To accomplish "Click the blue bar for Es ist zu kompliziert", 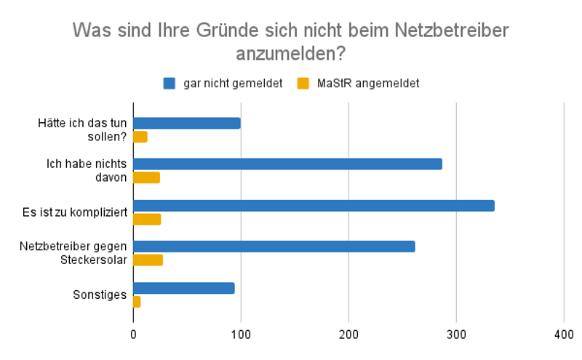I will pyautogui.click(x=314, y=206).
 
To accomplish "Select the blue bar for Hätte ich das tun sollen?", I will pyautogui.click(x=187, y=124).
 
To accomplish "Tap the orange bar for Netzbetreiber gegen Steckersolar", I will pyautogui.click(x=149, y=260).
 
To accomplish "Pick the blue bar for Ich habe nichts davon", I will pyautogui.click(x=287, y=164).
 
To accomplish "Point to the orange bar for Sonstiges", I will pyautogui.click(x=137, y=301).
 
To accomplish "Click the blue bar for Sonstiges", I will pyautogui.click(x=184, y=288).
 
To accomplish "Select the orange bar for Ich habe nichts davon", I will pyautogui.click(x=146, y=177).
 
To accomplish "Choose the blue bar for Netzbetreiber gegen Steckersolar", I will pyautogui.click(x=274, y=247).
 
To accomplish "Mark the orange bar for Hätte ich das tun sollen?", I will pyautogui.click(x=140, y=137).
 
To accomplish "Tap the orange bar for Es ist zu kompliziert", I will pyautogui.click(x=147, y=219).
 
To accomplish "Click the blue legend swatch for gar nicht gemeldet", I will pyautogui.click(x=170, y=83).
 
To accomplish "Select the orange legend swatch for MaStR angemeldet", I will pyautogui.click(x=304, y=83).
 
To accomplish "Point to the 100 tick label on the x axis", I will pyautogui.click(x=241, y=334).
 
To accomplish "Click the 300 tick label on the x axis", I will pyautogui.click(x=456, y=334).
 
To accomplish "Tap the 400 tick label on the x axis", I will pyautogui.click(x=564, y=334).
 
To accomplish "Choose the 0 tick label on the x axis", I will pyautogui.click(x=133, y=334).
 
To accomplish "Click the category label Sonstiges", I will pyautogui.click(x=100, y=295).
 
